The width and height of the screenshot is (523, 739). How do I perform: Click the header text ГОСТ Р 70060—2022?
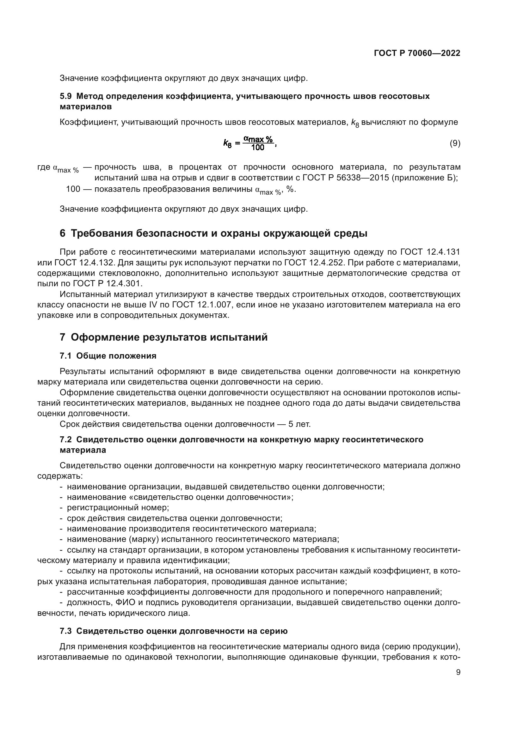point(417,53)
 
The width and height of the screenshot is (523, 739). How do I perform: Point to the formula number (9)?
point(455,143)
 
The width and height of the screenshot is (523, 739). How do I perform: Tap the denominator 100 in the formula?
point(258,148)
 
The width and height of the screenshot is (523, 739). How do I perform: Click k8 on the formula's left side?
point(227,143)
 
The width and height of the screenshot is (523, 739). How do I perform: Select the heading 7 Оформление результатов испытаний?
point(163,337)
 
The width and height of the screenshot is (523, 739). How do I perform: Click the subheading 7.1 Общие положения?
point(108,356)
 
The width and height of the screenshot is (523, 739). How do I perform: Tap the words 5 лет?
point(299,424)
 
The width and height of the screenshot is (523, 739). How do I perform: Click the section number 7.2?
point(65,440)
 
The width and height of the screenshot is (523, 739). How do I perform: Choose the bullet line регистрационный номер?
point(118,508)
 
